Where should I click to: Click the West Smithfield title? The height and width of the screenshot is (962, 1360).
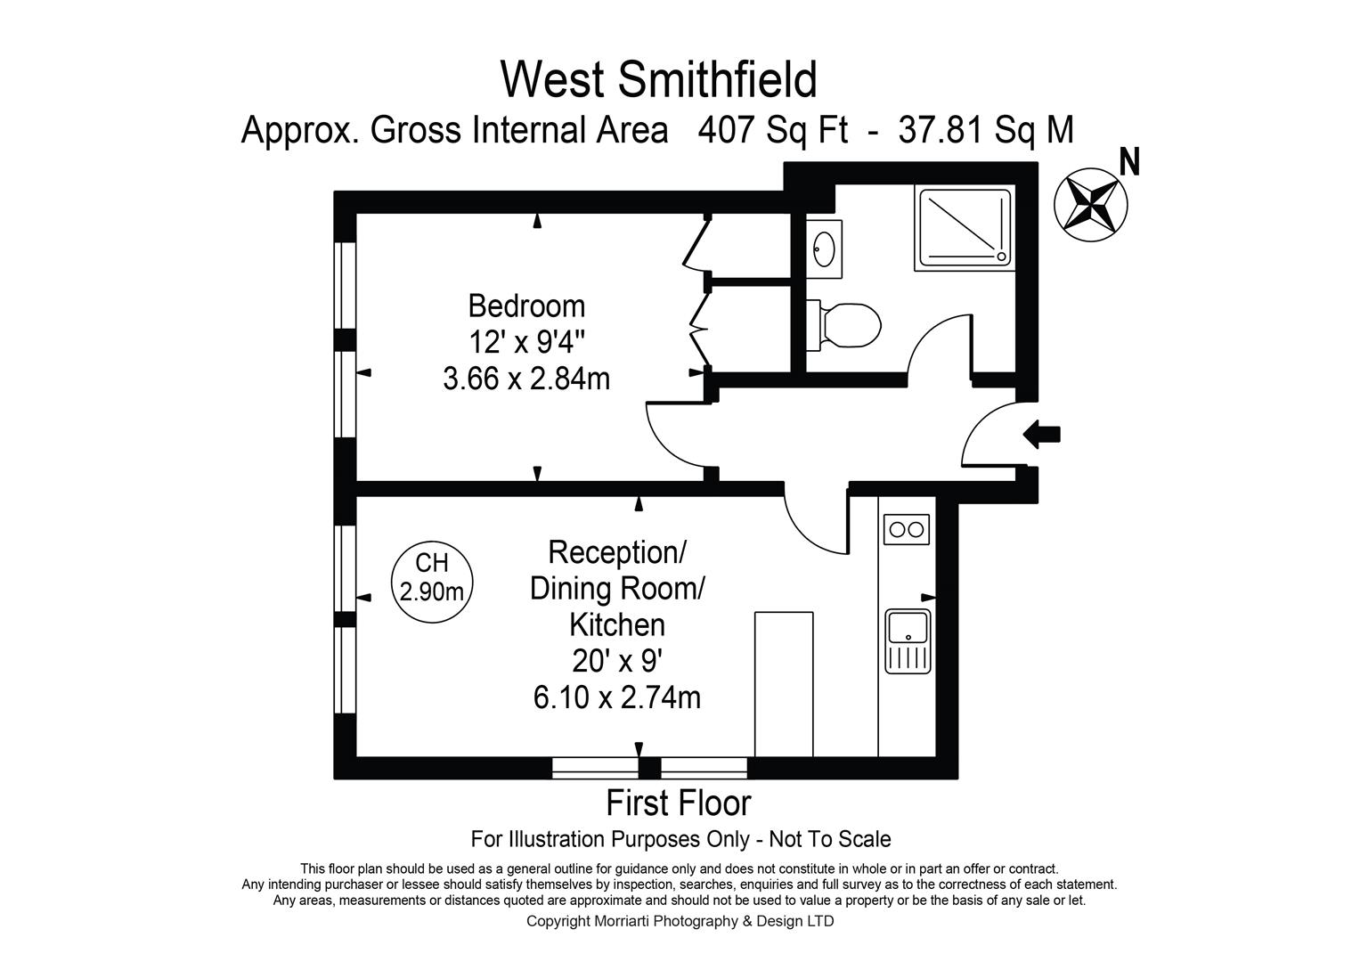pyautogui.click(x=659, y=79)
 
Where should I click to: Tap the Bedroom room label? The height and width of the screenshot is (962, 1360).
pyautogui.click(x=526, y=306)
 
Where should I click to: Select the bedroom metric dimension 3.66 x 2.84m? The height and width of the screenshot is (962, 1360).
pyautogui.click(x=526, y=379)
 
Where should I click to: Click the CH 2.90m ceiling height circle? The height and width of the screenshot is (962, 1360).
pyautogui.click(x=432, y=582)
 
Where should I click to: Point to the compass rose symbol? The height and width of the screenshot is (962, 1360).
pyautogui.click(x=1090, y=205)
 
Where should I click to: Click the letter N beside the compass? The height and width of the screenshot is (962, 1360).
pyautogui.click(x=1129, y=162)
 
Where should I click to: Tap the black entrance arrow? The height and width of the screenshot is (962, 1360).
pyautogui.click(x=1042, y=435)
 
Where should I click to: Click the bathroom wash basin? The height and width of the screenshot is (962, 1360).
pyautogui.click(x=824, y=249)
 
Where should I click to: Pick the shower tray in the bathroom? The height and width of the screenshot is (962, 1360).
pyautogui.click(x=965, y=228)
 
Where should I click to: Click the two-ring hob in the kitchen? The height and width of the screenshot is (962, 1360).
pyautogui.click(x=907, y=530)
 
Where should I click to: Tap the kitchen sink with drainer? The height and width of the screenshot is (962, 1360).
pyautogui.click(x=908, y=641)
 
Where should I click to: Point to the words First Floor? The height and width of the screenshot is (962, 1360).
pyautogui.click(x=679, y=803)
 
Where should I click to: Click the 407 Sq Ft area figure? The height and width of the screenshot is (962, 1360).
pyautogui.click(x=772, y=129)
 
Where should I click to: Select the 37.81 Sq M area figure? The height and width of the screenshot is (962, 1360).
pyautogui.click(x=986, y=129)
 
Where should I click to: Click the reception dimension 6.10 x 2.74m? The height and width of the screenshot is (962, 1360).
pyautogui.click(x=617, y=697)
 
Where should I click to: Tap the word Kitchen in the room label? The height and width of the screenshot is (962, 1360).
pyautogui.click(x=617, y=625)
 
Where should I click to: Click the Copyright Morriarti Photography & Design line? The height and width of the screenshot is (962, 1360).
pyautogui.click(x=680, y=921)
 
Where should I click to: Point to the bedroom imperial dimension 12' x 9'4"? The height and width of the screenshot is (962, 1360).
pyautogui.click(x=526, y=342)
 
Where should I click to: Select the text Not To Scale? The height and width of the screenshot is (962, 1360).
pyautogui.click(x=830, y=839)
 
